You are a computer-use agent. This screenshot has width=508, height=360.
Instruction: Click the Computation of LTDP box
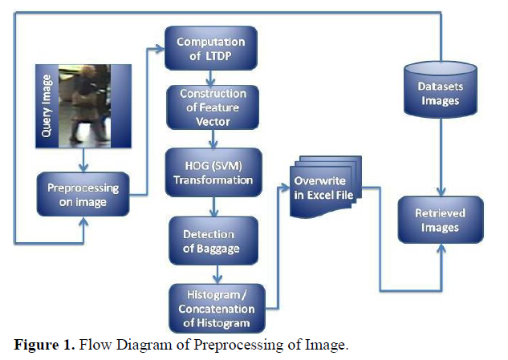pyautogui.click(x=211, y=48)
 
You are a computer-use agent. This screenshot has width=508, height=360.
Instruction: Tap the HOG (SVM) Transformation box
pyautogui.click(x=212, y=172)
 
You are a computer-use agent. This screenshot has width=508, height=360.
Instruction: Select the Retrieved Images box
pyautogui.click(x=440, y=220)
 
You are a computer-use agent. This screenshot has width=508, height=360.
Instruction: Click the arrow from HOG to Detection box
pyautogui.click(x=213, y=210)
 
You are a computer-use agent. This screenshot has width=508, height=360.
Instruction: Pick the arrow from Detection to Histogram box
pyautogui.click(x=213, y=276)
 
